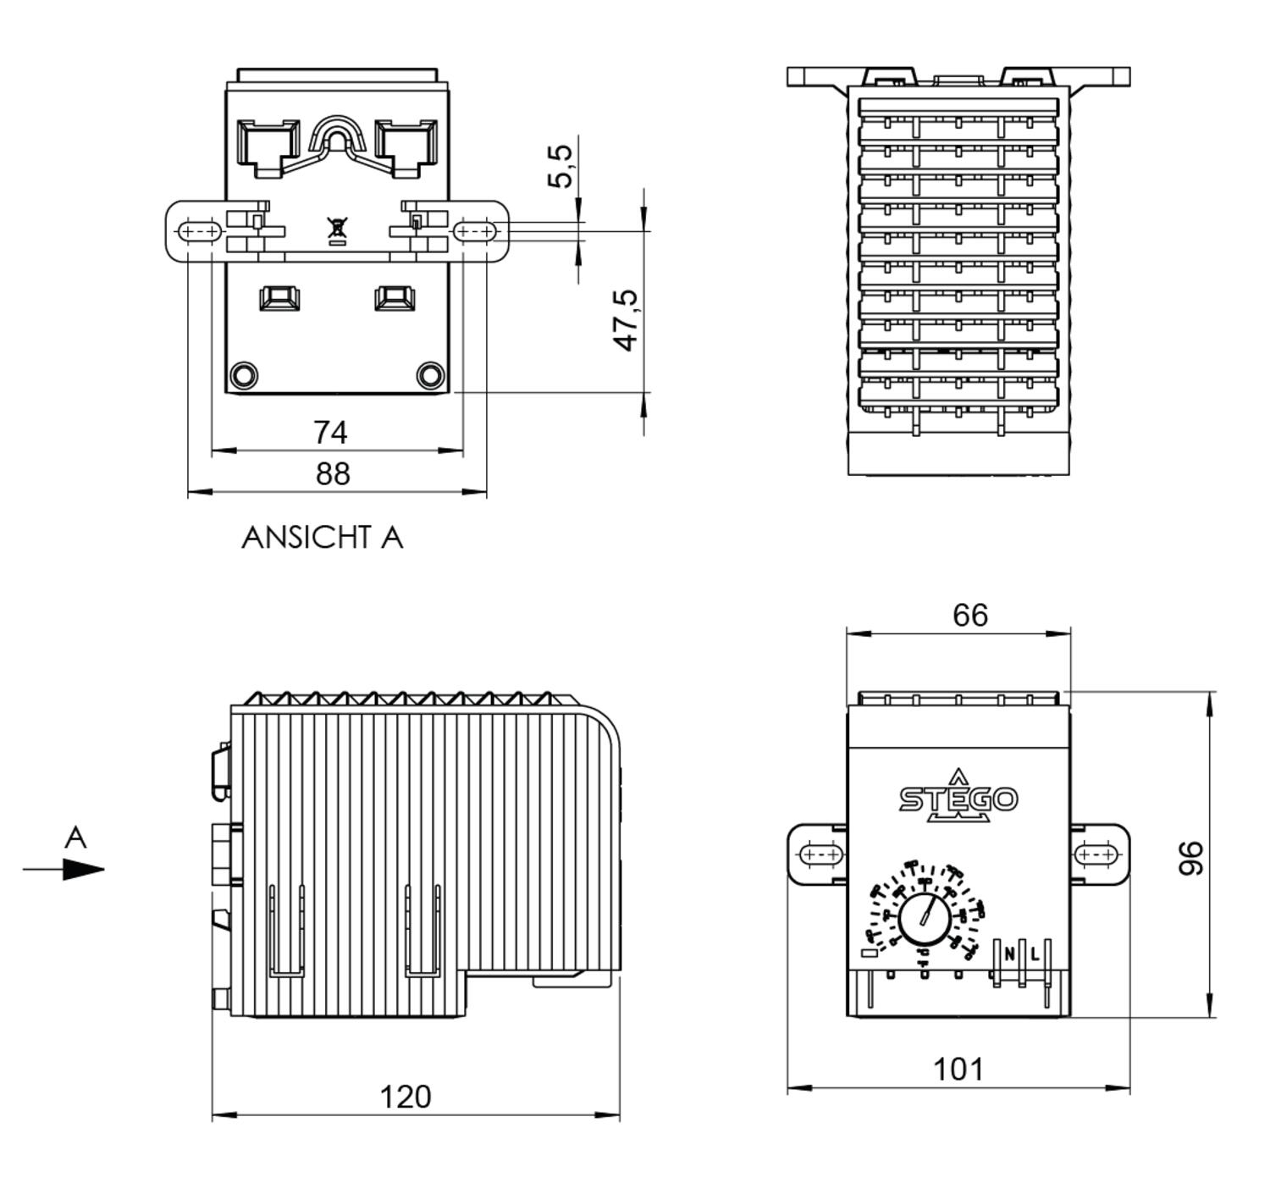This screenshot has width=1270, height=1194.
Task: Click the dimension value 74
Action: tap(330, 432)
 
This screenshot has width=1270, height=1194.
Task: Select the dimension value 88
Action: tap(333, 473)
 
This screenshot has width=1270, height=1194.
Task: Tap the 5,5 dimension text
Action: tap(560, 166)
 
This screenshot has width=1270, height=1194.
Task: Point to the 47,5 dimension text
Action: tap(627, 320)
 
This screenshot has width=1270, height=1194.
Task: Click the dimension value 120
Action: tap(406, 1097)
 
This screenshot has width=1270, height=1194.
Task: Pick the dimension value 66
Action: tap(970, 615)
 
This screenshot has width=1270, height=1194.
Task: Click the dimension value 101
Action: tap(958, 1070)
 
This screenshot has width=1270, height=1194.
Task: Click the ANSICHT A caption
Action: tap(322, 538)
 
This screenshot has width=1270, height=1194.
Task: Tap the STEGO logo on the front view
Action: tap(958, 798)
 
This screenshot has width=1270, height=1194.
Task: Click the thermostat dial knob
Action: tap(924, 918)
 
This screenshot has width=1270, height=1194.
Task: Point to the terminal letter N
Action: tap(1009, 954)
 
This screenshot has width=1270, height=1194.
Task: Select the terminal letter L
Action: tap(1035, 954)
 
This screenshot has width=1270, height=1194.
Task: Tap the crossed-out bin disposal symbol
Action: tap(337, 229)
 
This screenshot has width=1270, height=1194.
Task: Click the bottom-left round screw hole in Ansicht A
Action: tap(244, 374)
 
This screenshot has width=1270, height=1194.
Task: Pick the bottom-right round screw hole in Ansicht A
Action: tap(431, 374)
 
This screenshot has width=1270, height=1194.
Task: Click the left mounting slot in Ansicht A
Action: tap(200, 230)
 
